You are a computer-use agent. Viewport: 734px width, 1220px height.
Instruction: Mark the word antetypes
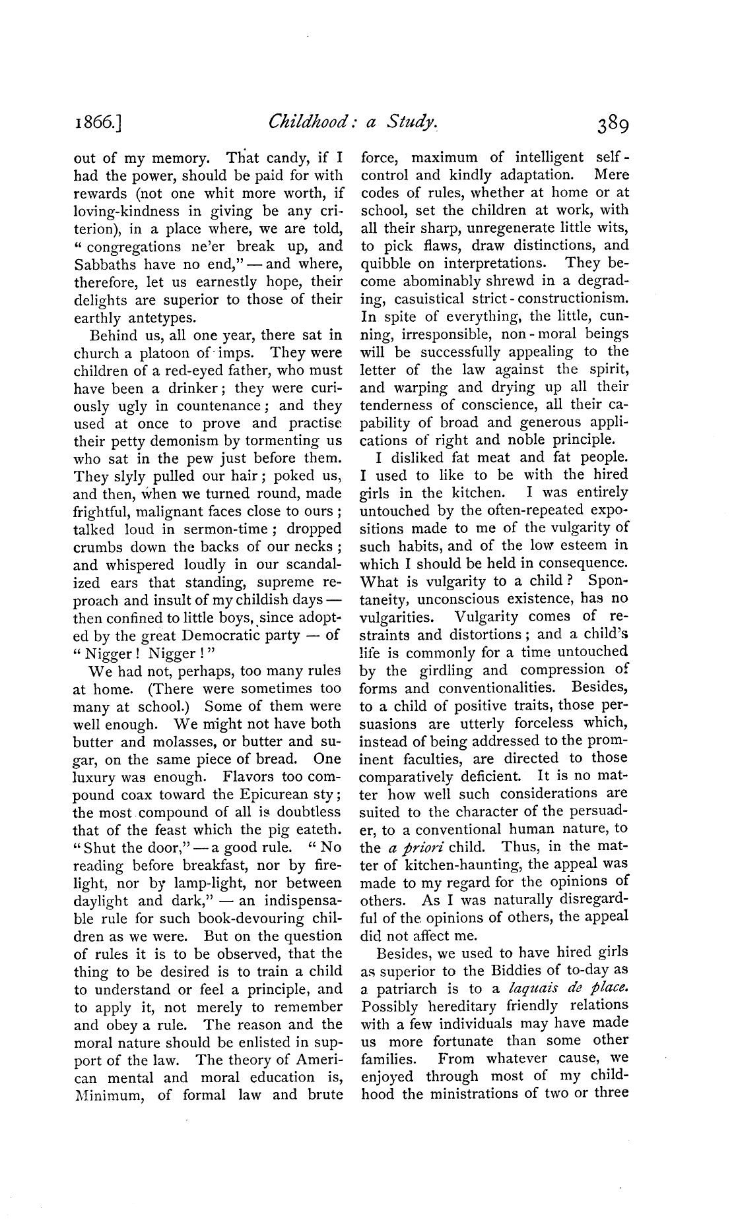click(151, 317)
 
